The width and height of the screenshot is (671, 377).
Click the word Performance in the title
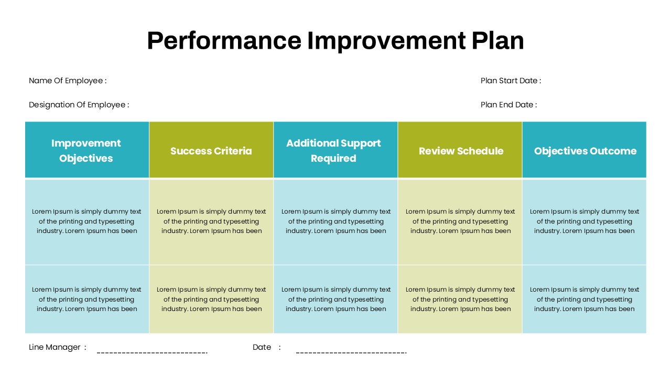click(224, 41)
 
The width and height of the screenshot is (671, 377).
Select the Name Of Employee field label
click(68, 81)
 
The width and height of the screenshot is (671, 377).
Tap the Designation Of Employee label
click(79, 105)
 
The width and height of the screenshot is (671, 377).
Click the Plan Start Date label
click(511, 81)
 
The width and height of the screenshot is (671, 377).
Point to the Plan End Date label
click(508, 105)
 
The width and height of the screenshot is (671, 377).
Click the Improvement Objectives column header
click(86, 150)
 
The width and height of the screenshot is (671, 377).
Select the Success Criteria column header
click(211, 151)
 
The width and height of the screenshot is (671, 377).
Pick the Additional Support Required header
click(334, 150)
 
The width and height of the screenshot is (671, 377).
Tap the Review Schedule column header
click(461, 151)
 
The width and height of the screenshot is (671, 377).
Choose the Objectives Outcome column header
click(585, 151)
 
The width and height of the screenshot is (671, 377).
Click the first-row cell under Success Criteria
click(211, 221)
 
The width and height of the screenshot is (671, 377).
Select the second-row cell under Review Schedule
click(460, 299)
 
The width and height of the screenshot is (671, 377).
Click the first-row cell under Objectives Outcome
click(585, 221)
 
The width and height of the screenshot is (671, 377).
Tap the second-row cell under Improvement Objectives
click(86, 299)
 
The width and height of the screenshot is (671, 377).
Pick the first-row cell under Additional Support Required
click(335, 221)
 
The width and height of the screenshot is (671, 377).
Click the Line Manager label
click(55, 347)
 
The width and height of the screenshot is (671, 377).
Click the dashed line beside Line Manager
click(152, 352)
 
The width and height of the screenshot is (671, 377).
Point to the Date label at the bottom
click(262, 347)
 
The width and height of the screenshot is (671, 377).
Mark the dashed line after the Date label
click(351, 352)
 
